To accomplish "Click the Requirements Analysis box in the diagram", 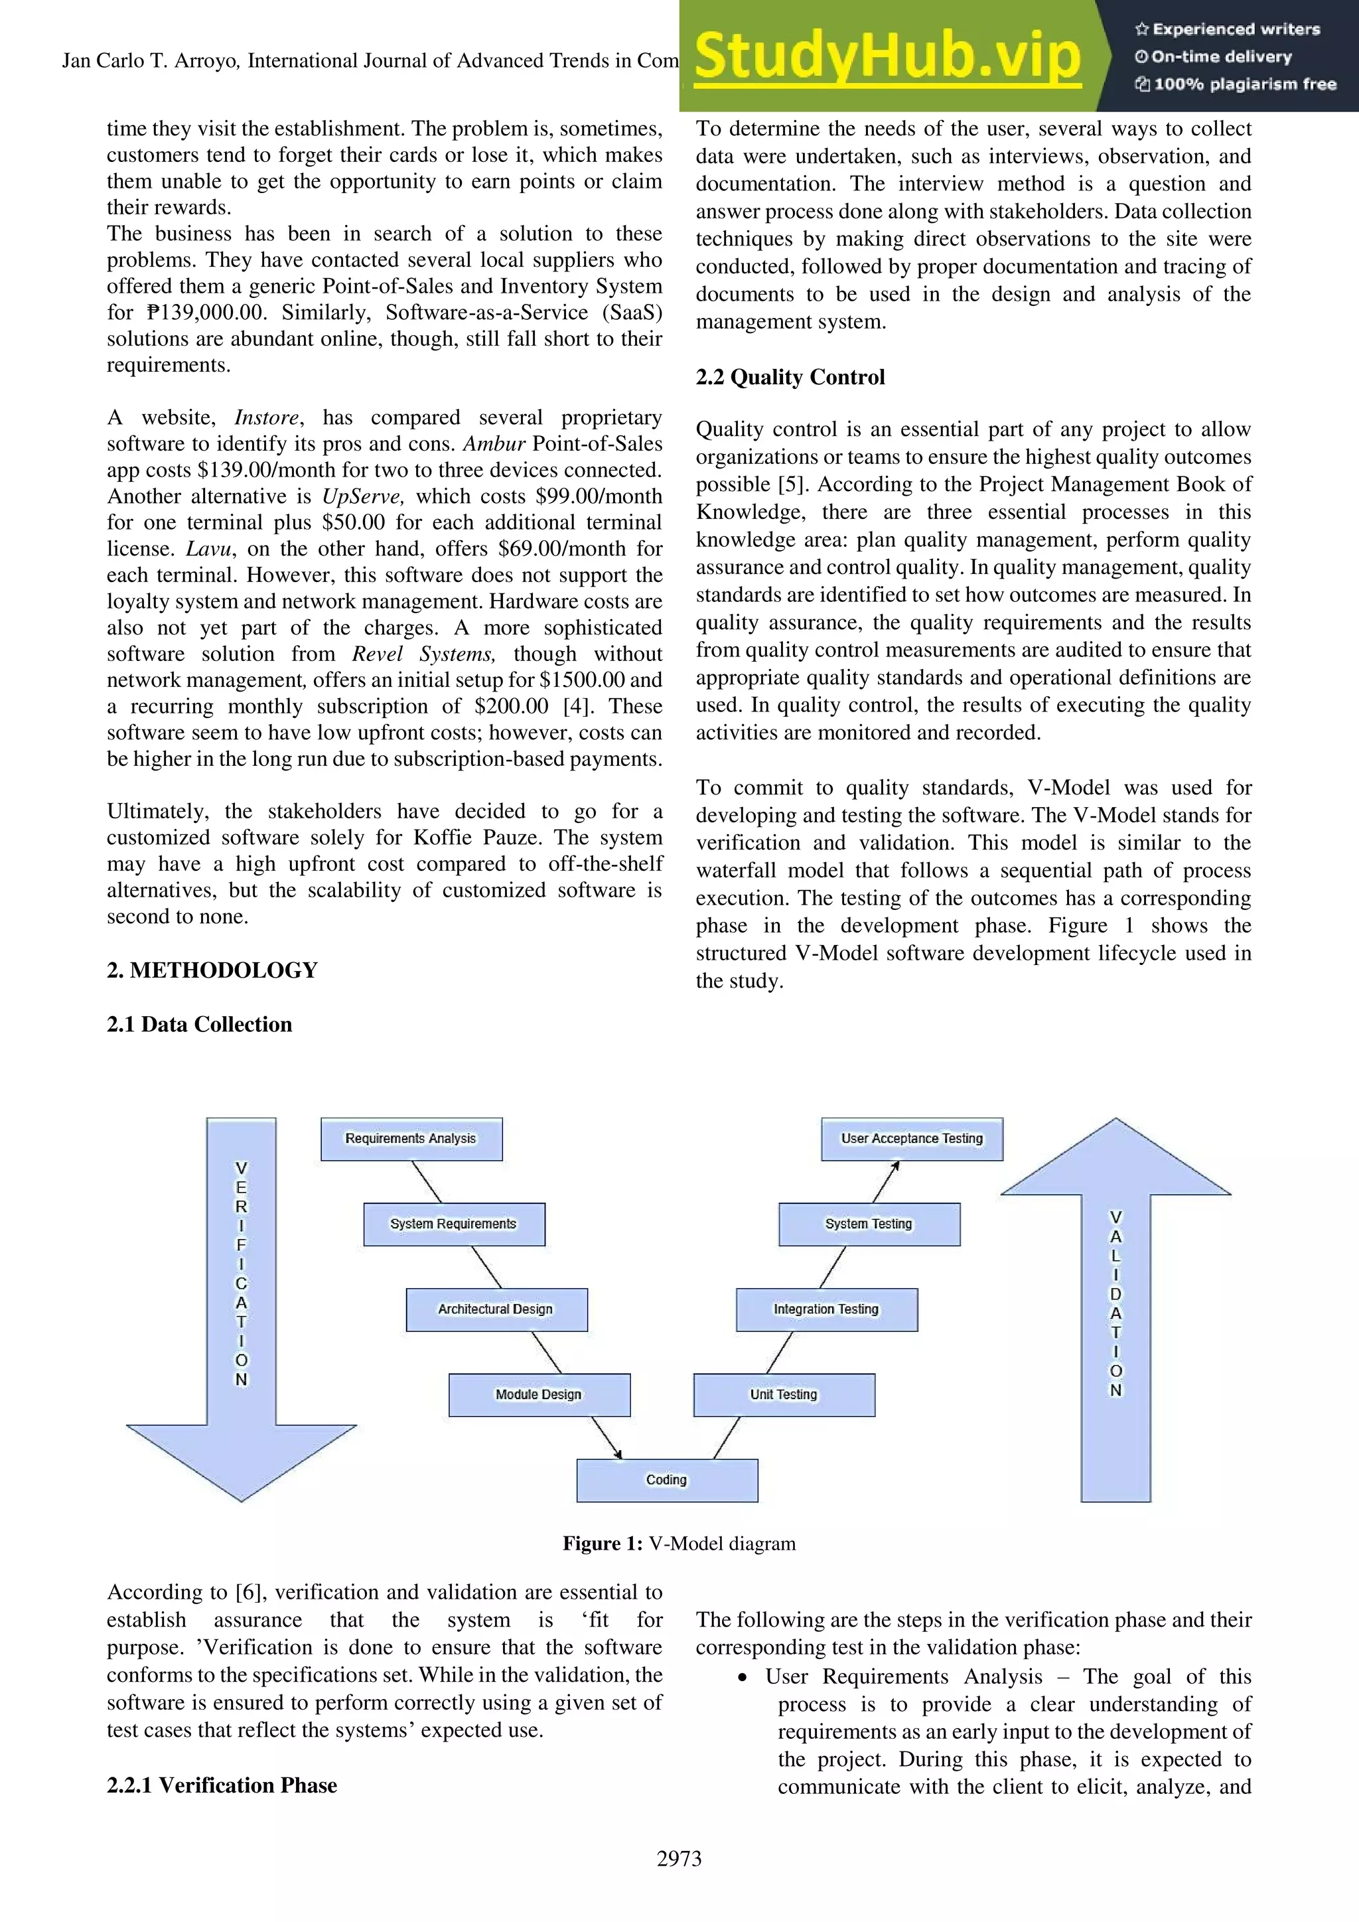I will pyautogui.click(x=411, y=1138).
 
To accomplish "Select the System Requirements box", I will pyautogui.click(x=454, y=1224).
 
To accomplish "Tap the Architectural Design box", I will pyautogui.click(x=496, y=1309).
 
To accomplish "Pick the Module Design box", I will pyautogui.click(x=539, y=1394).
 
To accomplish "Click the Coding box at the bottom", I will pyautogui.click(x=667, y=1480).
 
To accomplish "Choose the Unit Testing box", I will pyautogui.click(x=784, y=1394).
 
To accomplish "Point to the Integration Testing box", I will pyautogui.click(x=827, y=1309).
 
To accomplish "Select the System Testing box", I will pyautogui.click(x=869, y=1224).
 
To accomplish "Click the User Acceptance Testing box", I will pyautogui.click(x=912, y=1138).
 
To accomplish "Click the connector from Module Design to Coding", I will pyautogui.click(x=607, y=1438).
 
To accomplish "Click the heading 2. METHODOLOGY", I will pyautogui.click(x=212, y=970).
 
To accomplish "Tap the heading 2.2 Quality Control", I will pyautogui.click(x=790, y=377).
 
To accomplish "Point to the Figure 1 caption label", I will pyautogui.click(x=602, y=1544).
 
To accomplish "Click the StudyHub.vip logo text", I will pyautogui.click(x=887, y=56).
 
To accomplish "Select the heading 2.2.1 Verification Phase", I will pyautogui.click(x=222, y=1785).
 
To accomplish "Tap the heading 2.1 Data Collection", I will pyautogui.click(x=199, y=1025).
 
